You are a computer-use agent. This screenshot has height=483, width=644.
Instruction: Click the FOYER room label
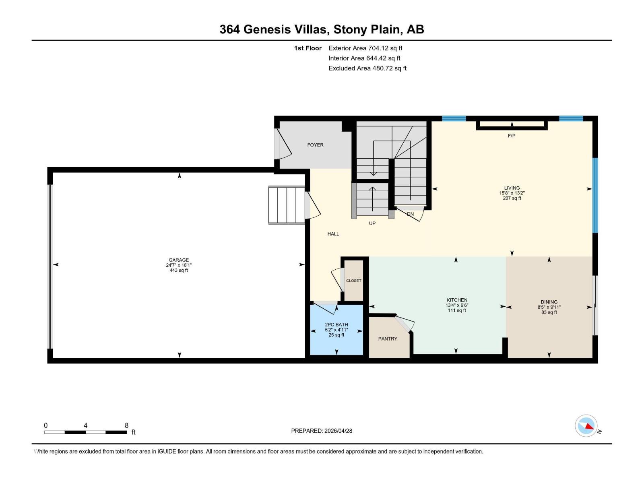[315, 145]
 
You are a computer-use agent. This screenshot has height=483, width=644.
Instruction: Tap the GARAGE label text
[179, 260]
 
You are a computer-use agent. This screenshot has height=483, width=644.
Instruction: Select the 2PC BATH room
[336, 330]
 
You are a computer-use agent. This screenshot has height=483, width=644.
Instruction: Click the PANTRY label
[388, 339]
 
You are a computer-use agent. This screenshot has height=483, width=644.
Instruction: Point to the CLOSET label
[354, 281]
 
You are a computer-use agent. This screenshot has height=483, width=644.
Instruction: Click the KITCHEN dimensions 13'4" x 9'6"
[457, 305]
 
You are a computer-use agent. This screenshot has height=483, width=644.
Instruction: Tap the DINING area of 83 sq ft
[549, 312]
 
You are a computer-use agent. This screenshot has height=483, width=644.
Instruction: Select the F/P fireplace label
[512, 136]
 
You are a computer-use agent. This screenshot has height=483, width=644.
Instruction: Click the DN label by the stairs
[410, 214]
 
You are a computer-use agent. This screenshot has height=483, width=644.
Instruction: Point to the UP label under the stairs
[372, 223]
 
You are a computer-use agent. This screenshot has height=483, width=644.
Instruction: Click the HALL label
[333, 234]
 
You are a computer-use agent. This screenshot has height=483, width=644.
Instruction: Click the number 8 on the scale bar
[126, 425]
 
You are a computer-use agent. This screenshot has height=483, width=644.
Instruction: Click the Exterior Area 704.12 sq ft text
[365, 48]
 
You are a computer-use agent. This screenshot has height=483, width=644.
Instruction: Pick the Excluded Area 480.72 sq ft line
[367, 68]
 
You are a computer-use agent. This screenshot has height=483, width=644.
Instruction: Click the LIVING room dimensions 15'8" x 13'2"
[512, 193]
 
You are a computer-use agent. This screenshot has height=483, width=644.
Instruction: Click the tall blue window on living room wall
[595, 195]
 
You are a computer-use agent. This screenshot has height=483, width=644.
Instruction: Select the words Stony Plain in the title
[367, 29]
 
